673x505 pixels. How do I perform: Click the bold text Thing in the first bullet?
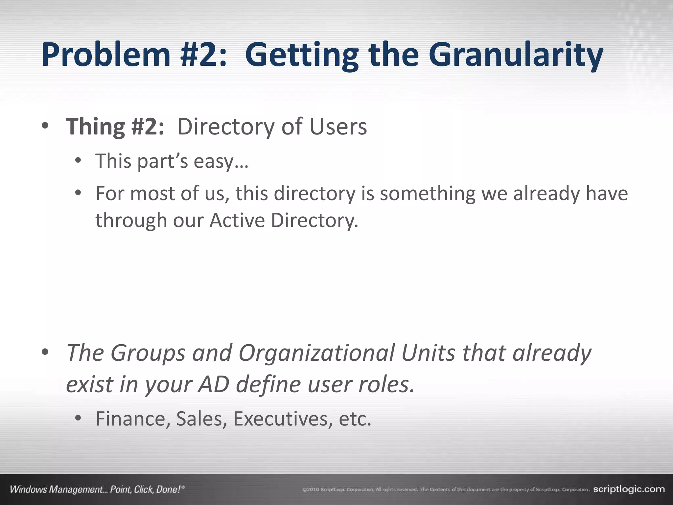point(95,127)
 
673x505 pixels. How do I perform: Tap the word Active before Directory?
point(237,220)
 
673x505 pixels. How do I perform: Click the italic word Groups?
point(148,353)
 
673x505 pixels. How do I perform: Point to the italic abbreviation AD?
point(213,384)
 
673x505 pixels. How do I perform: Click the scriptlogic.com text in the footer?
point(629,489)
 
